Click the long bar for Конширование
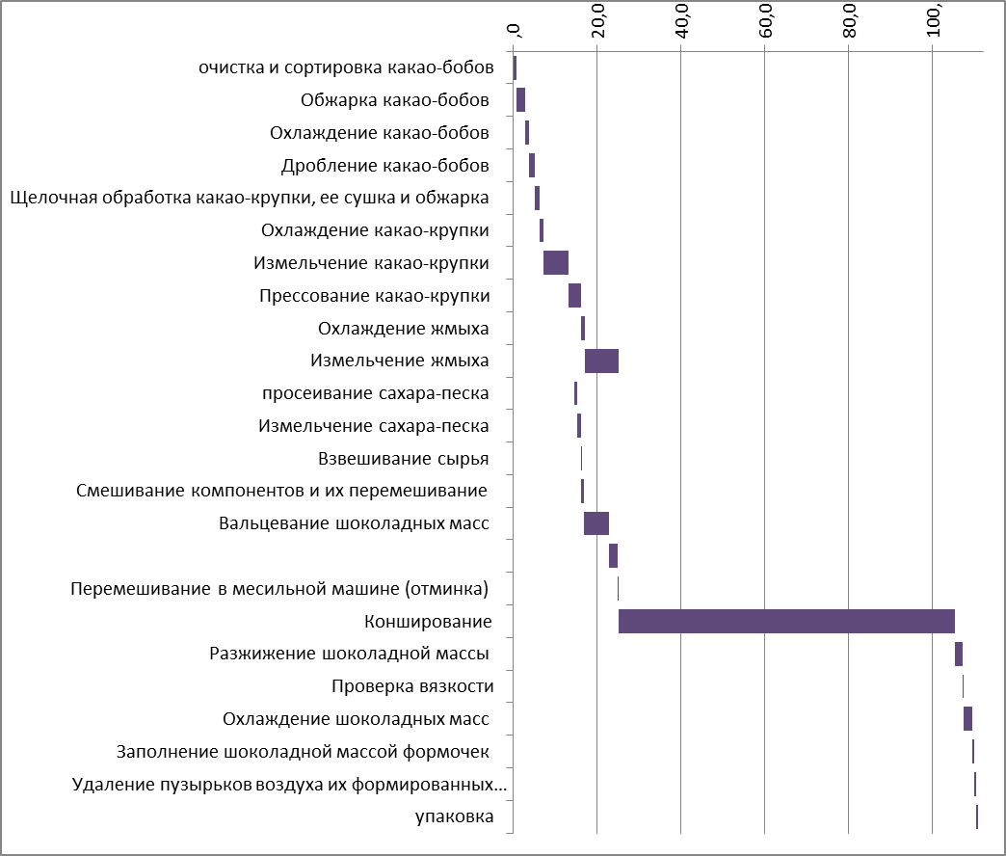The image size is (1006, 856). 785,621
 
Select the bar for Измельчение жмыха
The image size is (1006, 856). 601,361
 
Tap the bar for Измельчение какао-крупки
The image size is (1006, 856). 556,262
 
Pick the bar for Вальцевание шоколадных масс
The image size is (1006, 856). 596,523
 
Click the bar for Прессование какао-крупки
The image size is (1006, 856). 574,295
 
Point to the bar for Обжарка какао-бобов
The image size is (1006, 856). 520,99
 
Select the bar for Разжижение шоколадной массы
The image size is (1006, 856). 959,654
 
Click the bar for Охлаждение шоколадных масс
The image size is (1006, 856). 967,718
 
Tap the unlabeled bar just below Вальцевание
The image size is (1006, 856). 613,556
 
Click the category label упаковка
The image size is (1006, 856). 455,817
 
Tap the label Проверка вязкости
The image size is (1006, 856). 412,686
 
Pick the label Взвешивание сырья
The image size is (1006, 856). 403,458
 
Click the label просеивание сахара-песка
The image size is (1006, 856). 375,393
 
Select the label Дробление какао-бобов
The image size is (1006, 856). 384,165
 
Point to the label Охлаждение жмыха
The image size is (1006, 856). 403,328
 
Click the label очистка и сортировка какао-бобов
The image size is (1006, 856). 346,67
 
